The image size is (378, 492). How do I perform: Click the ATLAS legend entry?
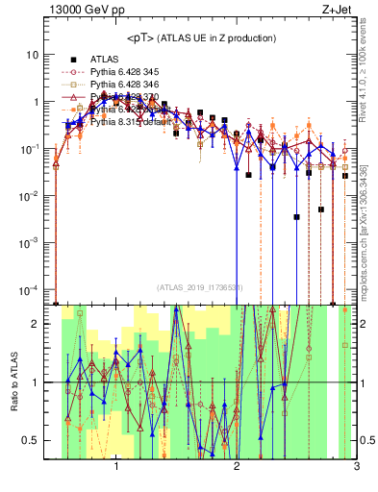(105, 59)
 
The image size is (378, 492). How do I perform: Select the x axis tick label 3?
(356, 468)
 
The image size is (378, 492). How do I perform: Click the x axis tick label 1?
(117, 468)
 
